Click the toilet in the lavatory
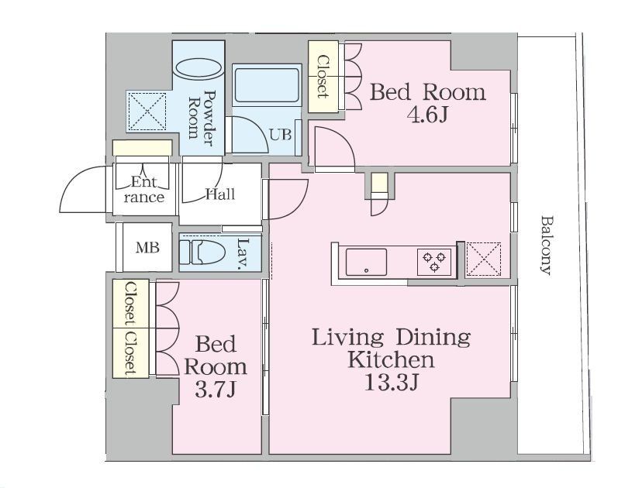pyautogui.click(x=202, y=252)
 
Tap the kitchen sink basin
pyautogui.click(x=366, y=262)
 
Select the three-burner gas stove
pyautogui.click(x=434, y=262)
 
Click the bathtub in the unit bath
pyautogui.click(x=267, y=85)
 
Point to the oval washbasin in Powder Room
pyautogui.click(x=199, y=69)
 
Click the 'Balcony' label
pyautogui.click(x=545, y=244)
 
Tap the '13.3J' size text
pyautogui.click(x=391, y=382)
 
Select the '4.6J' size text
pyautogui.click(x=429, y=115)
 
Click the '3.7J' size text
pyautogui.click(x=216, y=390)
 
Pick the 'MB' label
pyautogui.click(x=147, y=247)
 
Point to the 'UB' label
pyautogui.click(x=280, y=135)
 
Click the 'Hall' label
pyautogui.click(x=220, y=194)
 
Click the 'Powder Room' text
pyautogui.click(x=202, y=118)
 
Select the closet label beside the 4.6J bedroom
pyautogui.click(x=323, y=77)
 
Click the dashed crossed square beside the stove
pyautogui.click(x=484, y=259)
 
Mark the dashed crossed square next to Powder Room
pyautogui.click(x=148, y=112)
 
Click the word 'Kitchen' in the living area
pyautogui.click(x=391, y=359)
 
